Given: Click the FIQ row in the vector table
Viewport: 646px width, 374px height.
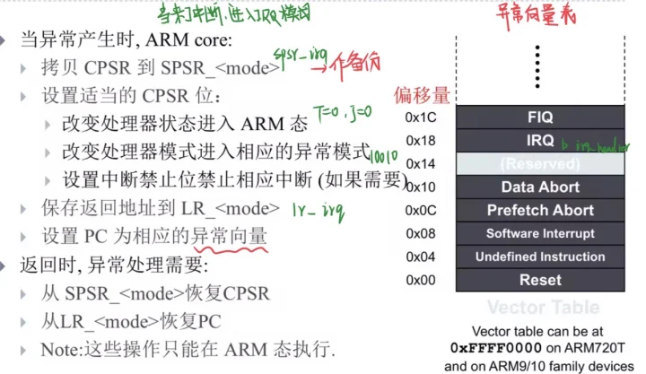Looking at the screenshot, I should pos(540,117).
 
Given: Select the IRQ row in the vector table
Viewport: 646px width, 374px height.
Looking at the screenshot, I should pos(540,141).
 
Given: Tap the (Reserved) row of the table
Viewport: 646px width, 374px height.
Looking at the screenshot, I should pos(540,164).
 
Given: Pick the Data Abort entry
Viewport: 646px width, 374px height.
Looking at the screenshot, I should pos(540,187).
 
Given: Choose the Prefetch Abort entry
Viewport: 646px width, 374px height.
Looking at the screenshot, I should pos(540,211).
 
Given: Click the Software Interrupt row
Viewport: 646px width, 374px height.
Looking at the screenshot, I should pos(540,234).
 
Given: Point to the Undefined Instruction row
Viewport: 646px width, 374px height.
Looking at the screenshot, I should pos(540,257).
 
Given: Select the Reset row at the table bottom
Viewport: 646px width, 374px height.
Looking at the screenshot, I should pos(540,281).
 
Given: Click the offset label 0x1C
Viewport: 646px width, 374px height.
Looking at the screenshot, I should pos(420,117).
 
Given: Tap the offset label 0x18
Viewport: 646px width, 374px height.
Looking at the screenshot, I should pos(420,141).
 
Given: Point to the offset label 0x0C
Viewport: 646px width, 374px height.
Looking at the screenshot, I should pos(420,211).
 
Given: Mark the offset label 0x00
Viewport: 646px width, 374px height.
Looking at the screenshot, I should pos(420,281).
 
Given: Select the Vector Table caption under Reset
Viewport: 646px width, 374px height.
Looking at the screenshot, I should pos(540,307).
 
